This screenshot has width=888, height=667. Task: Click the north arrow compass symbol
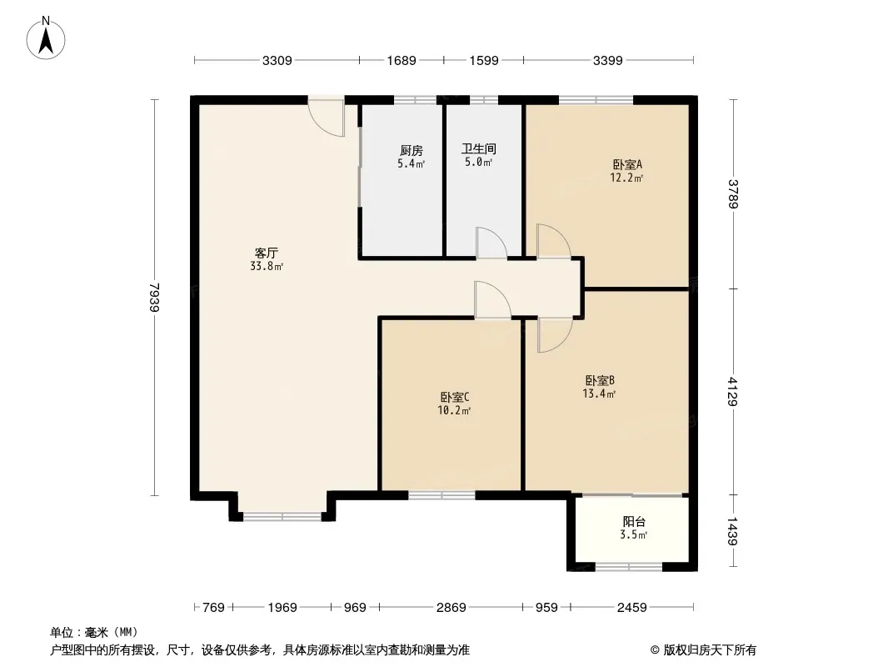click(46, 38)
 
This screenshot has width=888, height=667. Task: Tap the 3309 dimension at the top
click(277, 60)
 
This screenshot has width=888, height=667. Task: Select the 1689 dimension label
click(402, 60)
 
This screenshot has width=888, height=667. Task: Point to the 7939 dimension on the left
click(155, 297)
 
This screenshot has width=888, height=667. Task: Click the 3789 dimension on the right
click(733, 193)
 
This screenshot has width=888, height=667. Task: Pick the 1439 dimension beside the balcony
click(733, 531)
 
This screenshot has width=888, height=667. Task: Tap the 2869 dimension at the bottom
click(451, 608)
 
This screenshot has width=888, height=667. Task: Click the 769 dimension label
click(213, 608)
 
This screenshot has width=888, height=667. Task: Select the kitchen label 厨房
click(412, 151)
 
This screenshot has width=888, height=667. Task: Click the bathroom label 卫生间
click(478, 149)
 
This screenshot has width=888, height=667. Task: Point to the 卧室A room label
click(627, 164)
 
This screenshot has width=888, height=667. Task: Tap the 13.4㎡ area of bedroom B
click(599, 394)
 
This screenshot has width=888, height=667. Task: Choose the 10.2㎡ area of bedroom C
click(454, 410)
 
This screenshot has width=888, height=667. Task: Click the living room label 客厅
click(267, 253)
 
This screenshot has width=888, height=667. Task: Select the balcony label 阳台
click(634, 521)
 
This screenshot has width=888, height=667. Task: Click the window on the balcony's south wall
click(629, 566)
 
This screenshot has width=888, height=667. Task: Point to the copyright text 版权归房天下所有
click(710, 650)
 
